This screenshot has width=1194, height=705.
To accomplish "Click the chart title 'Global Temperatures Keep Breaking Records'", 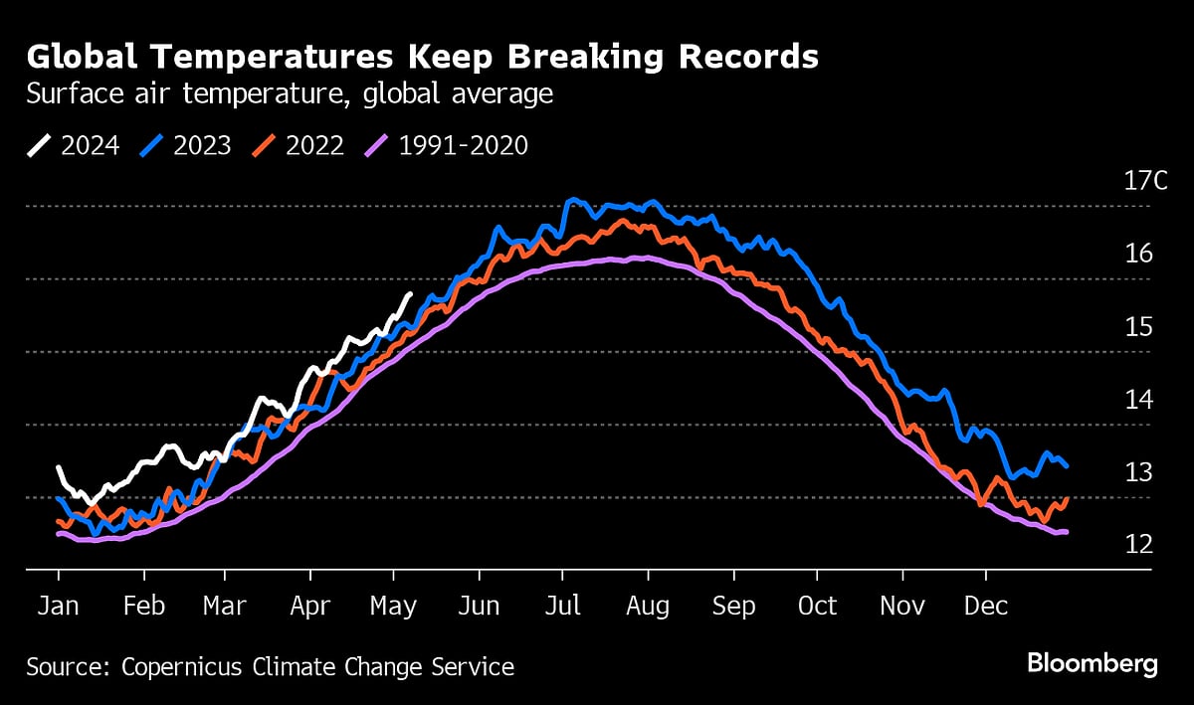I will [423, 58].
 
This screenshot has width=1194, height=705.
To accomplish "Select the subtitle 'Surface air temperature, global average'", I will [290, 94].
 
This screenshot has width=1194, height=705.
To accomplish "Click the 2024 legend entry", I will [74, 145].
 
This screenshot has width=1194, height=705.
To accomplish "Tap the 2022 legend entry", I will [298, 145].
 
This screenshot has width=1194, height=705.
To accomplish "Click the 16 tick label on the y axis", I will [1137, 254].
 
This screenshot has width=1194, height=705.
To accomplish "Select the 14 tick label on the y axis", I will [1137, 399].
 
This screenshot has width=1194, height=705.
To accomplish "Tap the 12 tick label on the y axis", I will [1137, 544].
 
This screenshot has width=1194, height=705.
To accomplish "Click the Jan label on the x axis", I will [59, 606].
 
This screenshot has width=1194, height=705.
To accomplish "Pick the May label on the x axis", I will [395, 606].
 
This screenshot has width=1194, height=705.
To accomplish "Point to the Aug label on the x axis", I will [648, 606].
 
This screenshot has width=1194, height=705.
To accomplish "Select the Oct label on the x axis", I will [817, 606].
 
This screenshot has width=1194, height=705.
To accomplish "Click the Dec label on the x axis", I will [985, 606].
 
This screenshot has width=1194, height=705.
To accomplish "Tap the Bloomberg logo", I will [1092, 664].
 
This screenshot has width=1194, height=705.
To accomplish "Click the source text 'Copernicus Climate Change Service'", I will [317, 666].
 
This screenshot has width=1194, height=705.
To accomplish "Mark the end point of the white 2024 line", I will [411, 293].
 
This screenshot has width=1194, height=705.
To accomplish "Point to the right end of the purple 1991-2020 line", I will [1068, 532].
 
